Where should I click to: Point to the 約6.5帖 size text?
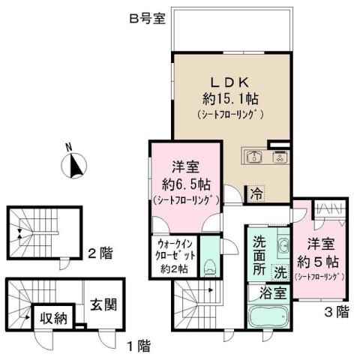pos(185,183)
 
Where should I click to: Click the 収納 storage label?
pos(55,318)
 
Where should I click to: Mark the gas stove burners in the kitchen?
pos(278,157)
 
